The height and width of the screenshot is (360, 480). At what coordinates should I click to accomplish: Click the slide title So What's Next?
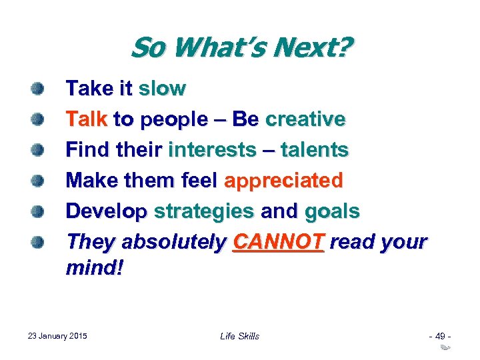241,49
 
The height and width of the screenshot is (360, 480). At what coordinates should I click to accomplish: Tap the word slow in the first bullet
162,89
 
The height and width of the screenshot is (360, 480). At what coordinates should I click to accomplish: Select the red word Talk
87,119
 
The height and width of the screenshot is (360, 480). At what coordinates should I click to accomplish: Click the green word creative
305,119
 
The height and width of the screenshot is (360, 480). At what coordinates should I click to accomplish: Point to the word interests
211,150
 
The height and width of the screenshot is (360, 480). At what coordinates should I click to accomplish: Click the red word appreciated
284,181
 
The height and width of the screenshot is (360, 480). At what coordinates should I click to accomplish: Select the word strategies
204,211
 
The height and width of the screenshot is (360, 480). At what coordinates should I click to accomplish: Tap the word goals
332,211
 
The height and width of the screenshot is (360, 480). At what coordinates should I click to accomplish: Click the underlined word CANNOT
278,242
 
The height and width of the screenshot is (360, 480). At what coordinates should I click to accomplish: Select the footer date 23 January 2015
58,335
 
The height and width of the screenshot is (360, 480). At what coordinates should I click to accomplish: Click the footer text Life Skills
239,336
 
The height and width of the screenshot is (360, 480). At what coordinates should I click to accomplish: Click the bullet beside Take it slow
38,88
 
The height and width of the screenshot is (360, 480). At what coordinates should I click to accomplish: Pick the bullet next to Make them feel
38,180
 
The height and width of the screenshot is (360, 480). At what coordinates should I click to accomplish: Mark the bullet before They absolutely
38,241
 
